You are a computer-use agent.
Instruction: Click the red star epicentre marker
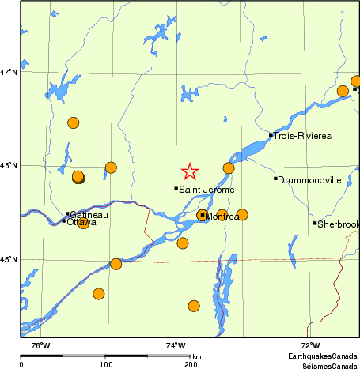[190, 171]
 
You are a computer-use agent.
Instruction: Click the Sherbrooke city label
[339, 224]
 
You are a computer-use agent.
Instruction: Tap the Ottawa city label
[82, 222]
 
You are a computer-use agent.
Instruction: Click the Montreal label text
[223, 217]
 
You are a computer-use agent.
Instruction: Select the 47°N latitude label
[9, 73]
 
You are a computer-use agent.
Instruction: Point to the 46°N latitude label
[9, 166]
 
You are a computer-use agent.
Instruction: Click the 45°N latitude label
[9, 259]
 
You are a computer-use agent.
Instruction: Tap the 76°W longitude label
[40, 345]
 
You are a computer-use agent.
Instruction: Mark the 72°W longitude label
[310, 345]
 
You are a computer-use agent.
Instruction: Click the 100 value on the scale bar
[105, 365]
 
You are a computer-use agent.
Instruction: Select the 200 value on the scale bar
[191, 365]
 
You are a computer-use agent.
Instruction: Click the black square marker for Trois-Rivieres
[271, 134]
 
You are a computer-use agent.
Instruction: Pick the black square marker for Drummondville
[275, 179]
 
